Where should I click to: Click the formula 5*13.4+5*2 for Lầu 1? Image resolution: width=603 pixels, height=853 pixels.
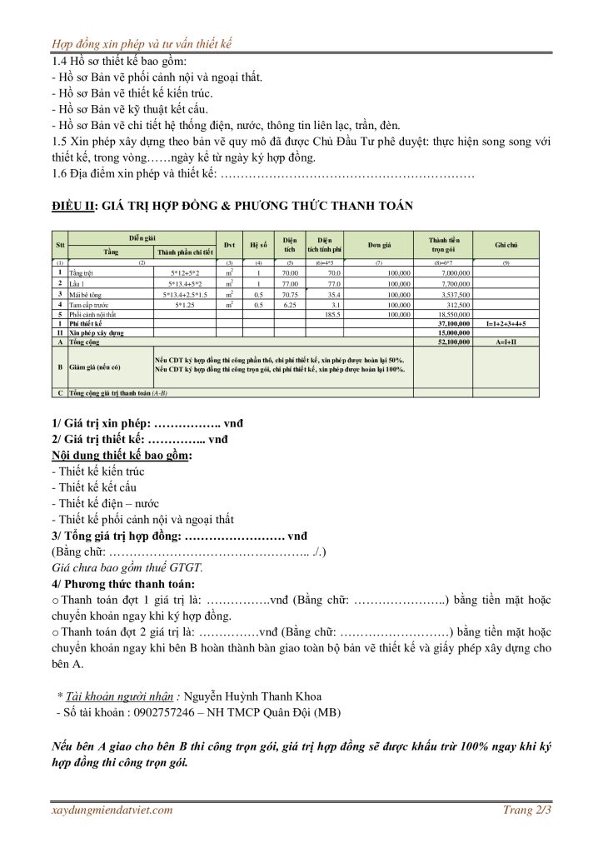point(190,283)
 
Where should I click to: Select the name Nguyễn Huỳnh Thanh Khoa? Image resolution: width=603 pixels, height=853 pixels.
point(252,696)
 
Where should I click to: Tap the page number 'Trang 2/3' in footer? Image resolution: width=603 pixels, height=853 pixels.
point(527,810)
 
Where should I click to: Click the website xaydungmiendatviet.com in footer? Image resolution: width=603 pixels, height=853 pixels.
point(112,810)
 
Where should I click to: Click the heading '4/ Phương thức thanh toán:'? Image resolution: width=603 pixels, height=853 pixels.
point(123,583)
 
